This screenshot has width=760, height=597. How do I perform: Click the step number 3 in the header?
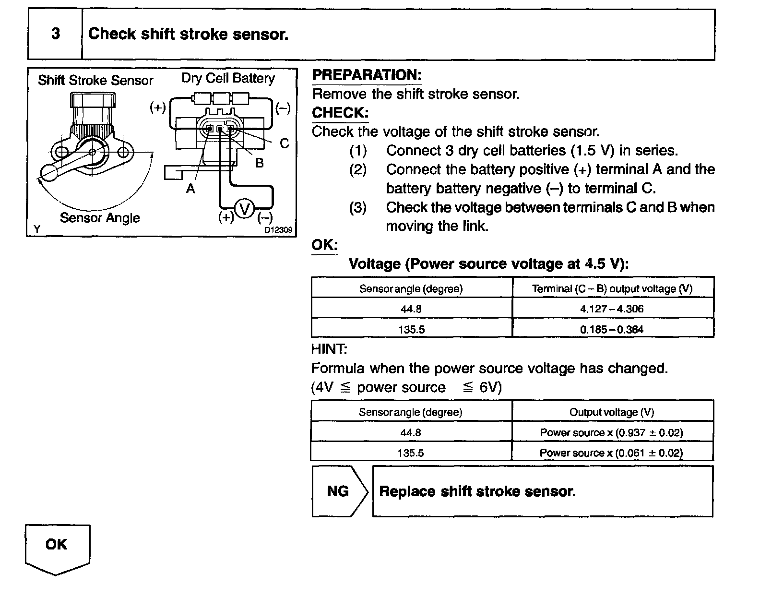coord(56,34)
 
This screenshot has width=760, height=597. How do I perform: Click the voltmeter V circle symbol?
coord(245,209)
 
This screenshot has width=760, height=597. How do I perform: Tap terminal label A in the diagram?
coord(190,189)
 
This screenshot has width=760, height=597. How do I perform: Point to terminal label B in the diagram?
coord(260,163)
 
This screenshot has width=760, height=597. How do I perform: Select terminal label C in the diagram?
coord(285,143)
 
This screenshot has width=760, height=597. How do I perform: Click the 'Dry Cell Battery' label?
coord(228,78)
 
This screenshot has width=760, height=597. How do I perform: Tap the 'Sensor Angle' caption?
coord(100,218)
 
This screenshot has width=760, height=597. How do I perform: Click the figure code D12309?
coord(278,230)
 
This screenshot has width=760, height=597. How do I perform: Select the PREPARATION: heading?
coord(367,75)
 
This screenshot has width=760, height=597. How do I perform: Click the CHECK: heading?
coord(340,113)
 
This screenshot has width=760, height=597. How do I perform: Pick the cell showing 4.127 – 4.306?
coord(612,309)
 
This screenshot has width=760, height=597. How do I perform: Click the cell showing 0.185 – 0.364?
coord(612,330)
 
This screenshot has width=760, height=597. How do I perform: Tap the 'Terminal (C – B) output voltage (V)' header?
coord(612,289)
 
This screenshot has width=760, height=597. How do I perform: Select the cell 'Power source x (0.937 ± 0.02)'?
coord(611,432)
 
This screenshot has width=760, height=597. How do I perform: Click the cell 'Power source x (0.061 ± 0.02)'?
coord(611,453)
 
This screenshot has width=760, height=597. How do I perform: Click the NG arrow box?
coord(339,491)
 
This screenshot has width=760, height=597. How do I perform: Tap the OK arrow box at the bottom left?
coord(57,546)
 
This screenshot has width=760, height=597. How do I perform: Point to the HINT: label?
coord(329,349)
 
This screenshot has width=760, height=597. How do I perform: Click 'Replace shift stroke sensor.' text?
coord(477,491)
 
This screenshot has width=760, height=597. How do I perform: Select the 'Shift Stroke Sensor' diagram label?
coord(95,80)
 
